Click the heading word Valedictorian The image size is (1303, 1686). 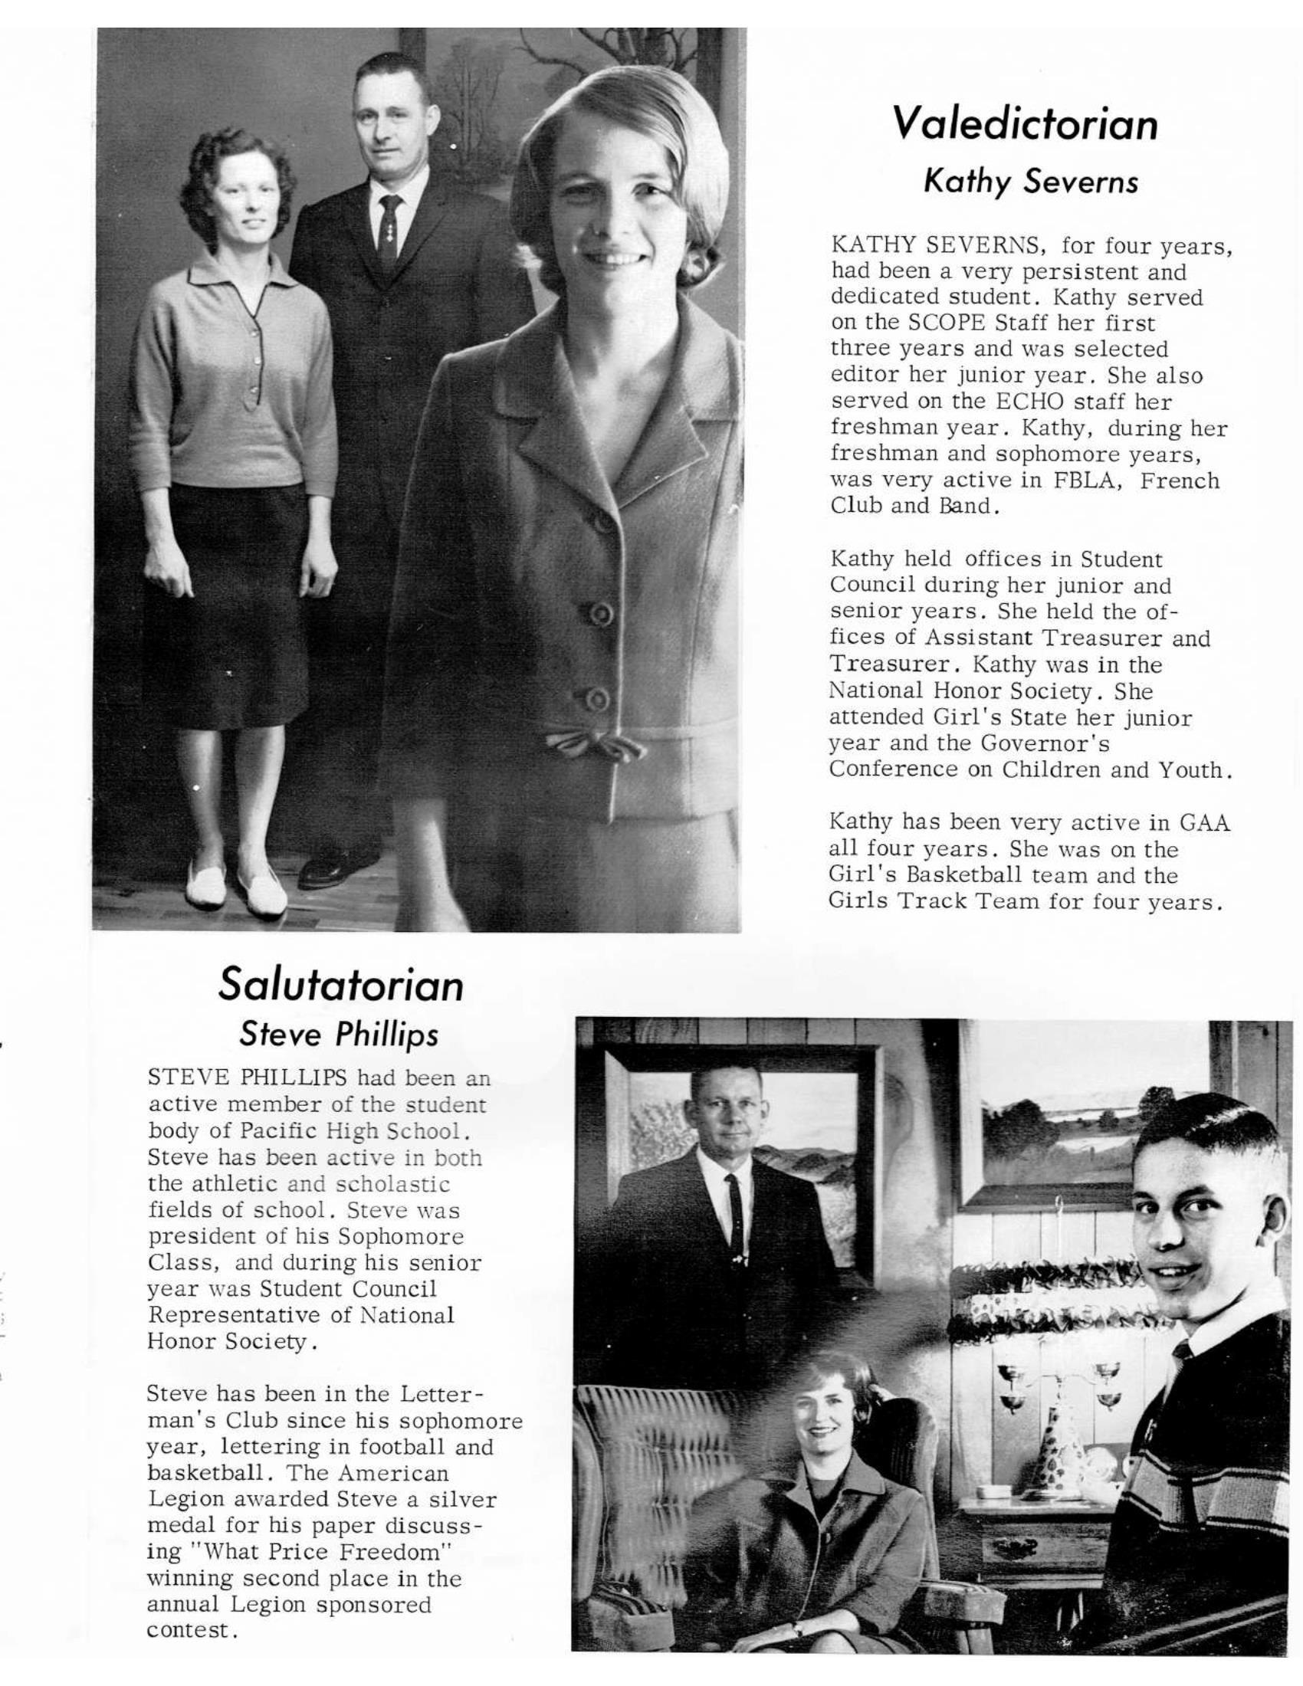click(1024, 124)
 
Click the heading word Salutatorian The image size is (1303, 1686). click(340, 984)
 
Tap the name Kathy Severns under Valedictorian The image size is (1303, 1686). click(1030, 182)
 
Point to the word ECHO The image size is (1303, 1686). click(1026, 402)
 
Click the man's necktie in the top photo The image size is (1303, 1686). click(390, 231)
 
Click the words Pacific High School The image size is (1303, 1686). click(350, 1131)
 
